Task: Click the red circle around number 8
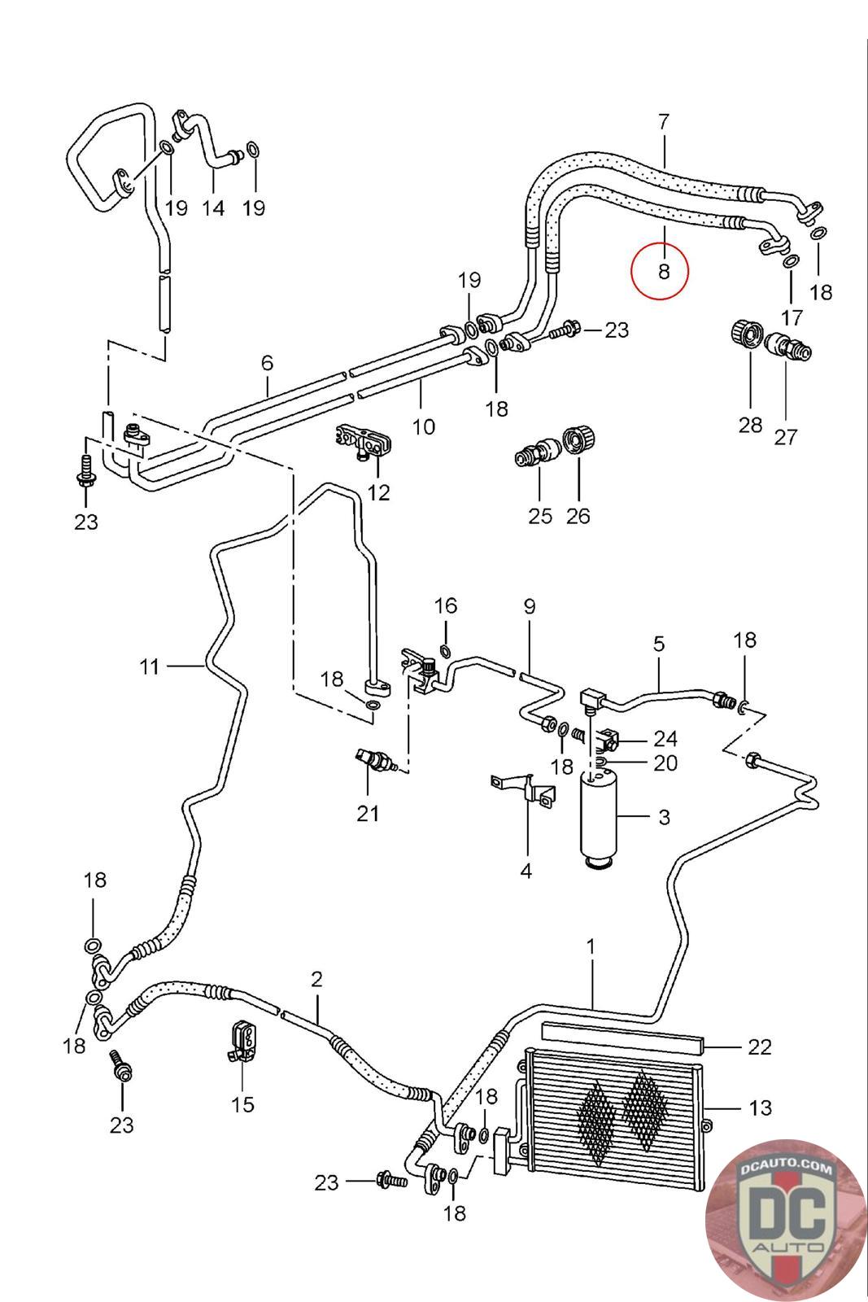tap(660, 271)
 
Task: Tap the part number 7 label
tap(664, 122)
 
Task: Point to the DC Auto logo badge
tap(785, 1217)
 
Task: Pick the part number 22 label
tap(759, 1046)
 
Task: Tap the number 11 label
tap(149, 667)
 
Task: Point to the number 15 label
tap(242, 1104)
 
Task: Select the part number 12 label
tap(379, 492)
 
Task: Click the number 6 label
tap(268, 363)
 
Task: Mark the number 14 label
tap(213, 208)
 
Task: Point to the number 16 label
tap(446, 605)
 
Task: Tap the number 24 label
tap(665, 739)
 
